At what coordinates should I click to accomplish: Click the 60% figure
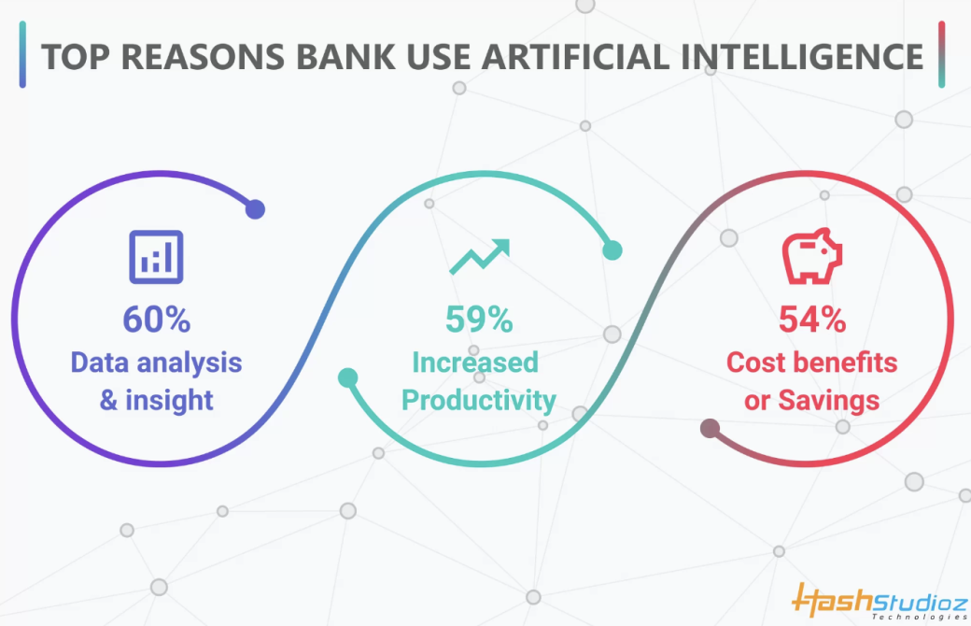tap(157, 320)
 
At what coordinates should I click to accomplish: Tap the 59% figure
tap(478, 320)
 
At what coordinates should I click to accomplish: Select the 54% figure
tap(811, 320)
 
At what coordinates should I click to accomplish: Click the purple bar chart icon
tap(156, 256)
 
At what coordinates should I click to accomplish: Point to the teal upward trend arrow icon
tap(479, 256)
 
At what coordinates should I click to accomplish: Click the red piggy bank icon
tap(811, 256)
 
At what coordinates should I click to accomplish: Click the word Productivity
tap(478, 402)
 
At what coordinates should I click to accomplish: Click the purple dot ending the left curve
tap(255, 209)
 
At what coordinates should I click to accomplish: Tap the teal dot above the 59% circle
tap(612, 249)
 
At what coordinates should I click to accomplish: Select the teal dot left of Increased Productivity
tap(347, 378)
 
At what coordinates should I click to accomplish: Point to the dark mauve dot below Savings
tap(711, 429)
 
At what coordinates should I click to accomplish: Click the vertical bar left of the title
tap(22, 56)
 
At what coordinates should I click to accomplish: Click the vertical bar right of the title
tap(942, 54)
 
